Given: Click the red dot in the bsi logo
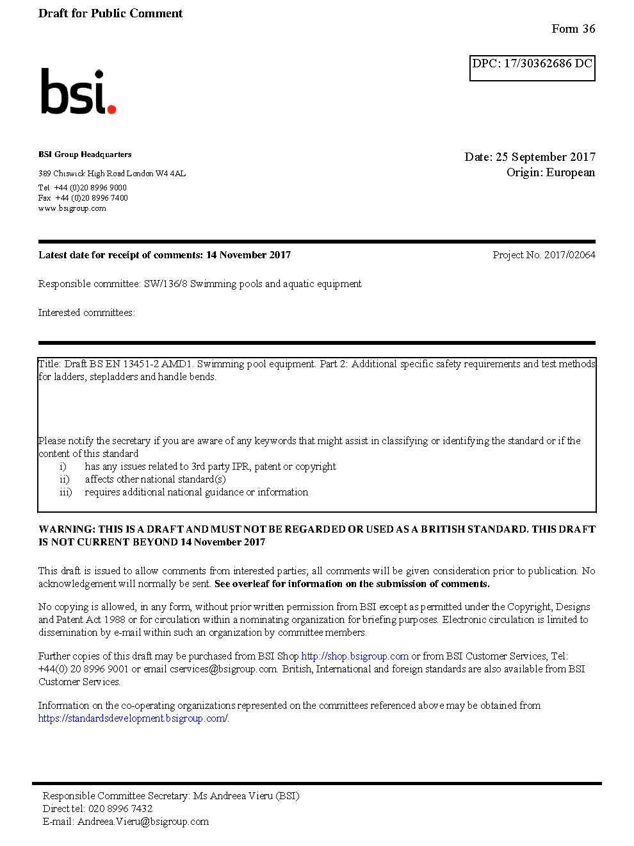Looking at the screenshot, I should [112, 110].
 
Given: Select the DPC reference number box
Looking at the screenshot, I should [532, 67].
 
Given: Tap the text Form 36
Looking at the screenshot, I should [573, 29].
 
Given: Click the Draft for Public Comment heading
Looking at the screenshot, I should [110, 13].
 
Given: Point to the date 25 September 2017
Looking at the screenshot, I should [545, 157].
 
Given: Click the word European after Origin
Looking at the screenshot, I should [570, 172].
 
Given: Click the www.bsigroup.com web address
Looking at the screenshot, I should [72, 208].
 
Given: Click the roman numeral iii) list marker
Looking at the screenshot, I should [65, 492].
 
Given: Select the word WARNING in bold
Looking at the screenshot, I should [67, 529].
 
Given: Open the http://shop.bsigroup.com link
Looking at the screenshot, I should [355, 656].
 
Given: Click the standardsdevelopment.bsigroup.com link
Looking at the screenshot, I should [133, 718].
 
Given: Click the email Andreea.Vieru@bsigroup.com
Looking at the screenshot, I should [143, 822].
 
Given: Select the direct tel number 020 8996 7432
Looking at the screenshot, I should [120, 809].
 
